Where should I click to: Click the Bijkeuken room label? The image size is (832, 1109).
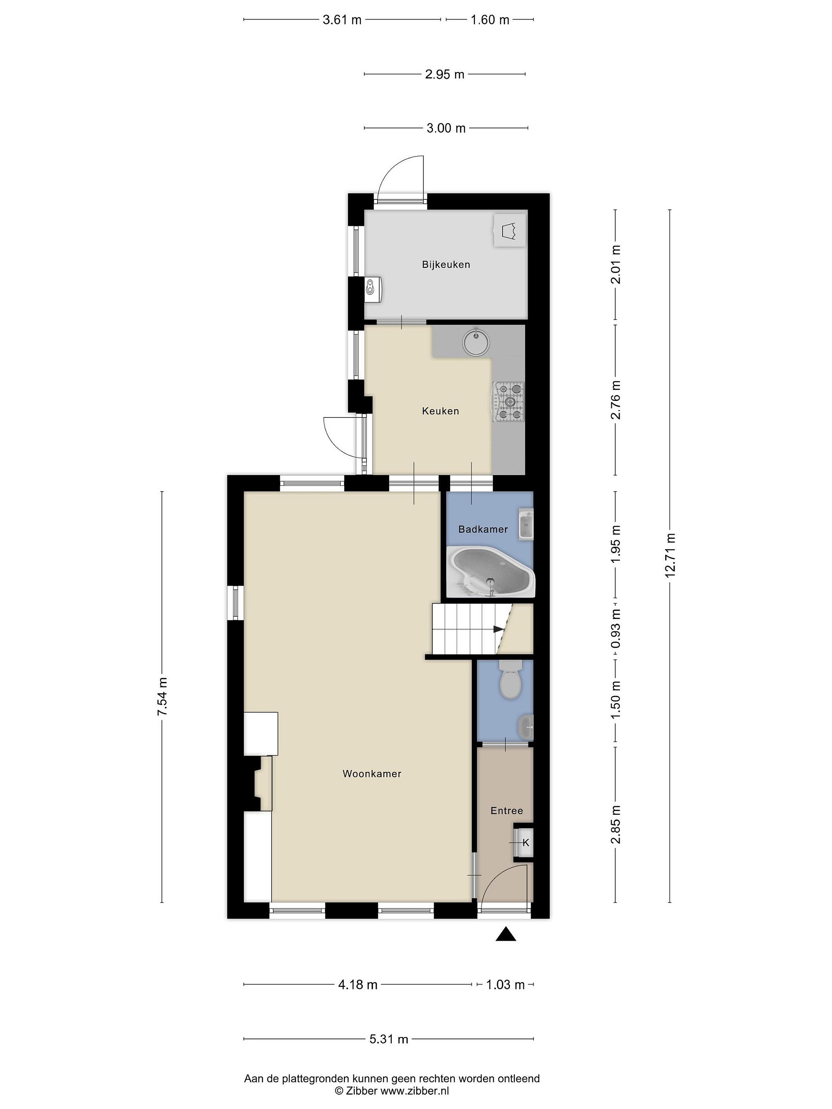446,264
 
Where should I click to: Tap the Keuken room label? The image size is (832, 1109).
440,411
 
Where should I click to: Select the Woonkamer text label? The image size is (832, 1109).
372,774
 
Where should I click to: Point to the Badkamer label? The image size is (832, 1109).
483,529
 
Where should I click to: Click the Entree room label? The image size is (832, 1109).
507,811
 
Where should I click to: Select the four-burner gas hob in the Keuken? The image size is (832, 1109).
508,401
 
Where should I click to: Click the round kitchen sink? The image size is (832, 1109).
475,342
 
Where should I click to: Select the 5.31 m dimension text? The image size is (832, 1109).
389,1035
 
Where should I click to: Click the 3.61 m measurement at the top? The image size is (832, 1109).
342,20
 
